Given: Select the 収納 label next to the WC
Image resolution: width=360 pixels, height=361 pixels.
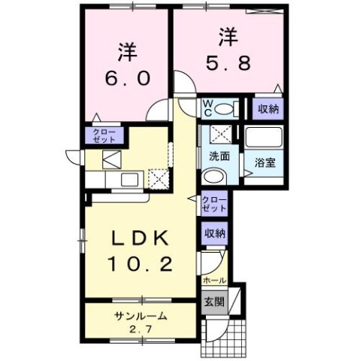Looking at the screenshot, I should [268, 110].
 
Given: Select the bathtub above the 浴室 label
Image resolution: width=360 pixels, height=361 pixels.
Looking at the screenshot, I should [263, 138].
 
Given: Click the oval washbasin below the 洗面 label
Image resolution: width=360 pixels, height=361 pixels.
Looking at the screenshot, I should [212, 177].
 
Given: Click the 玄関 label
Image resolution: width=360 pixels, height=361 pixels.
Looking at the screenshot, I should [213, 302].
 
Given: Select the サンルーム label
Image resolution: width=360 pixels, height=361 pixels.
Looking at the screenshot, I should [141, 316].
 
